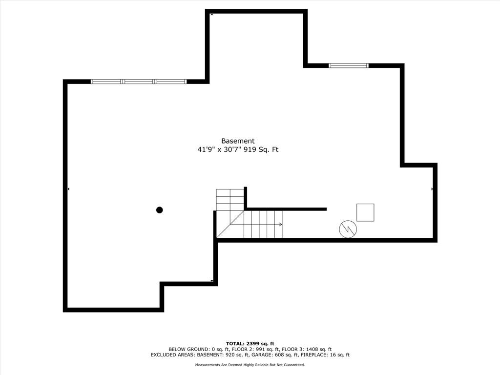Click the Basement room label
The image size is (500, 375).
point(238,141)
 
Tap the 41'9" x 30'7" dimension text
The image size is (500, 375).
point(217,150)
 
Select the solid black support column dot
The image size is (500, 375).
point(159,210)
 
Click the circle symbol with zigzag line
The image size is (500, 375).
point(348,229)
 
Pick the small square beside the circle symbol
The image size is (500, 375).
point(365,212)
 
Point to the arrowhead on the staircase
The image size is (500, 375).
point(280,224)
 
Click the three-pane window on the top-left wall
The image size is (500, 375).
point(139,82)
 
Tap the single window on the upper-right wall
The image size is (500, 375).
point(348,65)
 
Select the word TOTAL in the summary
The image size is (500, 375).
point(236,343)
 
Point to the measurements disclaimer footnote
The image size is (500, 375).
point(250,365)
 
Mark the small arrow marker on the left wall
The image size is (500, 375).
point(68,188)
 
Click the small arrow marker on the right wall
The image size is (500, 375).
point(432,188)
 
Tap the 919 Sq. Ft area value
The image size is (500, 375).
point(264,150)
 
